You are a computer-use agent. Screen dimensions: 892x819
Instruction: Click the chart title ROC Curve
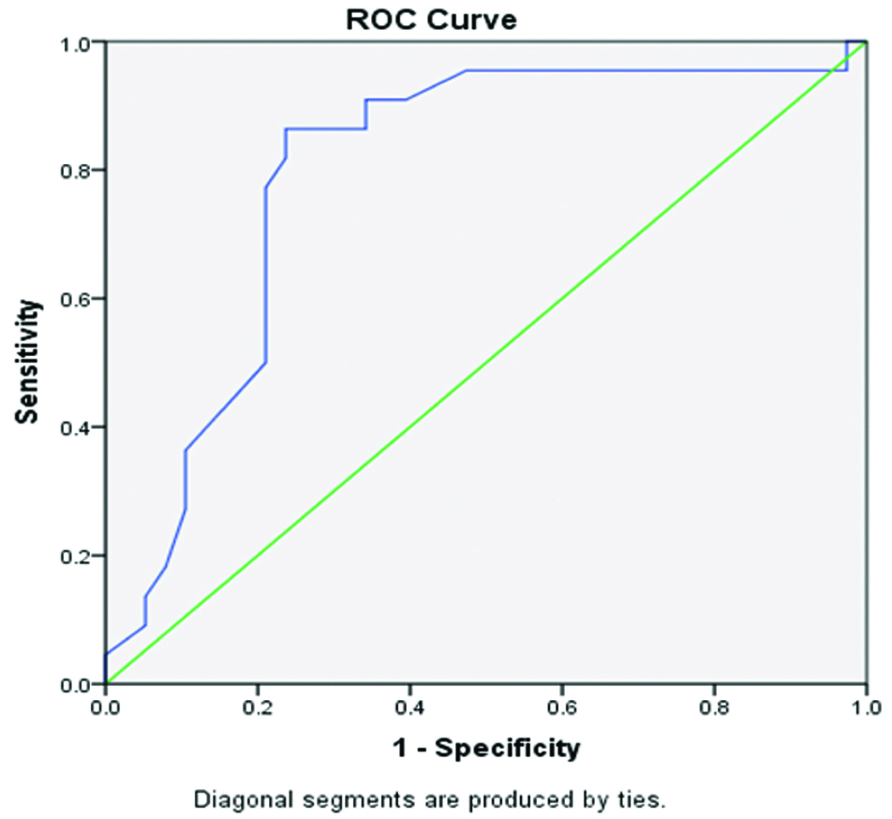431,20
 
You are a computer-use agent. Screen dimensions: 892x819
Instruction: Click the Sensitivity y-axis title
27,362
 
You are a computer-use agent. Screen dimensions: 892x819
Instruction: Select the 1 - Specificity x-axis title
486,748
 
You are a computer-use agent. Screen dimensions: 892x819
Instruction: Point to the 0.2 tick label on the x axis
257,708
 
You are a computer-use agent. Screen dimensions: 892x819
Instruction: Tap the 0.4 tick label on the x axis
409,708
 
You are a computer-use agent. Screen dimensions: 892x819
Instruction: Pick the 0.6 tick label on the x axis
561,708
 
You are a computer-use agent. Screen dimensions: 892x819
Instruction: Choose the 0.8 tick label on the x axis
714,708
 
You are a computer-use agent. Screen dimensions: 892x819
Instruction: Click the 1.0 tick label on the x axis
867,708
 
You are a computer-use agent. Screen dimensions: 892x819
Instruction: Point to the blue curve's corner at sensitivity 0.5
266,363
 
